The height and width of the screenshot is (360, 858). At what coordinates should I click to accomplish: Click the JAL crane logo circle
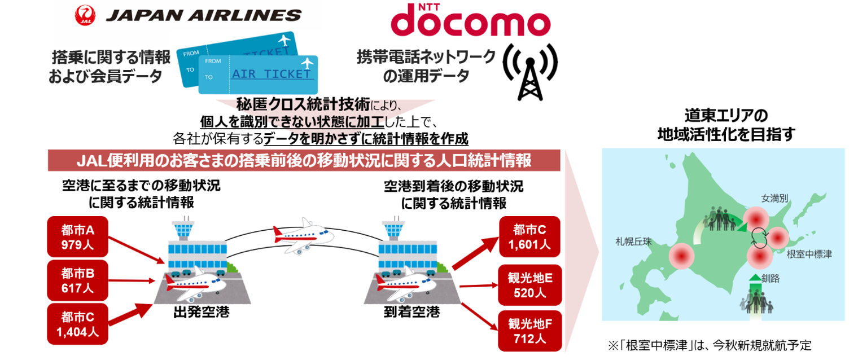86,16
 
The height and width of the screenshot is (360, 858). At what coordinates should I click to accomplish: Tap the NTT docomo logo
471,20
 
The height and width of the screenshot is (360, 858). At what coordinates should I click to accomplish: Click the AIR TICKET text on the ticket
272,74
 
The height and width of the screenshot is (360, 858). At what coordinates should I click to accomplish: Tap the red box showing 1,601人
529,236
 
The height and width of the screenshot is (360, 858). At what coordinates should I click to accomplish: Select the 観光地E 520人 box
529,286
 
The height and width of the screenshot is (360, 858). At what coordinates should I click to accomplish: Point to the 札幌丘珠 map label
633,242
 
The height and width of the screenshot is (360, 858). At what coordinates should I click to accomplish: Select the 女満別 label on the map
774,199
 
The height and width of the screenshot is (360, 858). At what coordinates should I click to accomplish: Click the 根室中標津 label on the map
809,254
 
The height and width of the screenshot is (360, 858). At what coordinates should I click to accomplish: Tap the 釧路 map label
770,278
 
